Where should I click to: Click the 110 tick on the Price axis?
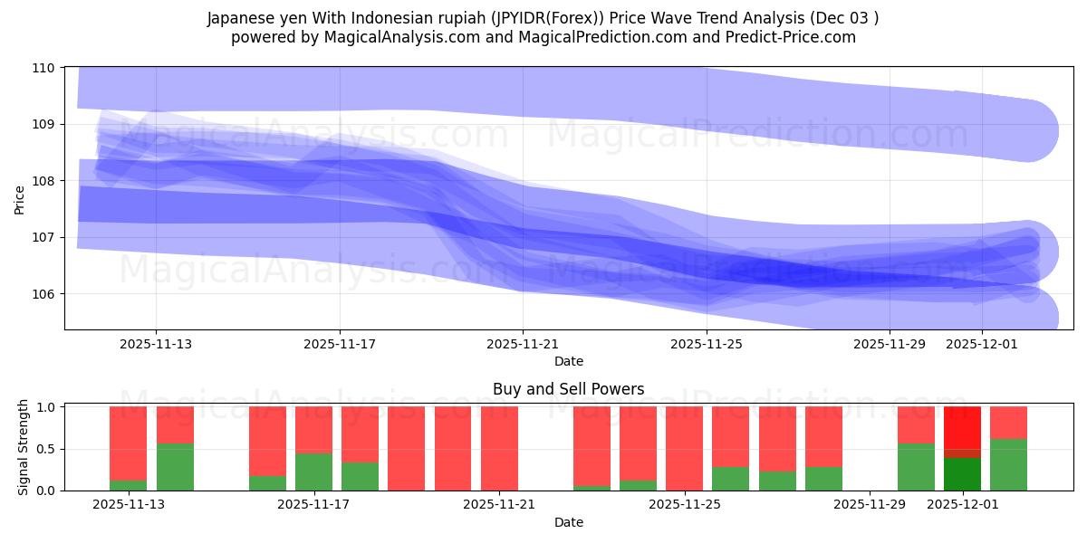point(45,68)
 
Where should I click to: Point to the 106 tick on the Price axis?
point(45,294)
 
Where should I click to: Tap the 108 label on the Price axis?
point(45,181)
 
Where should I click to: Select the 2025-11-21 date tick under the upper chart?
point(523,344)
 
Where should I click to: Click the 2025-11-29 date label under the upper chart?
point(890,344)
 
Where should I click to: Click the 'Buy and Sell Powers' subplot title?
point(568,389)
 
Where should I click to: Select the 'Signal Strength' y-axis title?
point(24,448)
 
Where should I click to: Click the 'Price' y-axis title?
point(20,198)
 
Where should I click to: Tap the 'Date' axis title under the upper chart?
point(568,361)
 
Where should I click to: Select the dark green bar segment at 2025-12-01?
point(962,473)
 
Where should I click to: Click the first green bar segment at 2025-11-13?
point(128,485)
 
